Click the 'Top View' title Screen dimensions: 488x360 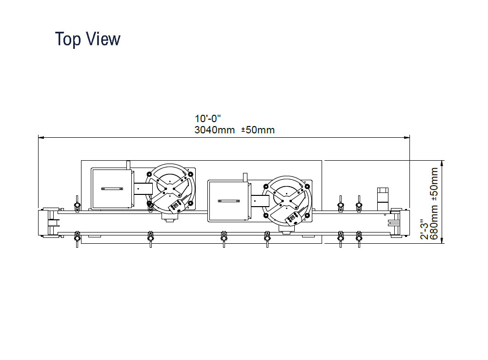tap(87, 39)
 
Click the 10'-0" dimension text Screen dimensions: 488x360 tap(207, 119)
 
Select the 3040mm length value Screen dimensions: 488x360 tap(214, 130)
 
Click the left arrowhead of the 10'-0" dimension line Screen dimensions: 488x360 tap(41, 137)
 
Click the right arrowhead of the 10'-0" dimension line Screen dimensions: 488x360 tap(407, 137)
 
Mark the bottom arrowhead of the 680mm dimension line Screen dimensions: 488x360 tap(443, 240)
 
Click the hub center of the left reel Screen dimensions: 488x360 tap(170, 188)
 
